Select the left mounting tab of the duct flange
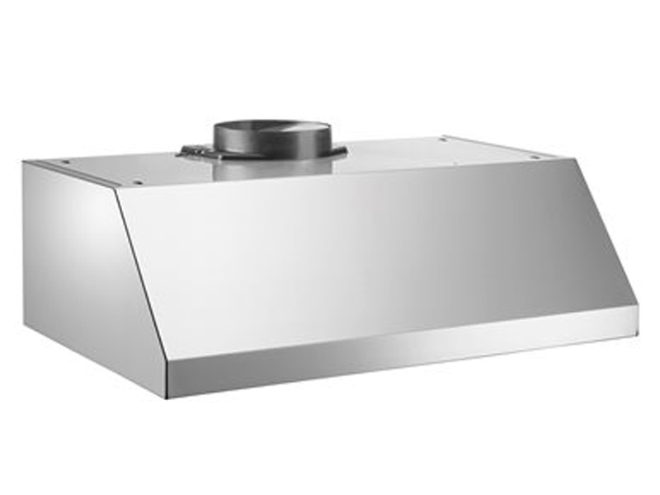[192, 151]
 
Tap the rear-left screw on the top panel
[66, 163]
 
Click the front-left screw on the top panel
[136, 182]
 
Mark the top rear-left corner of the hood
[25, 163]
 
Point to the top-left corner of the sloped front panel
[115, 189]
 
